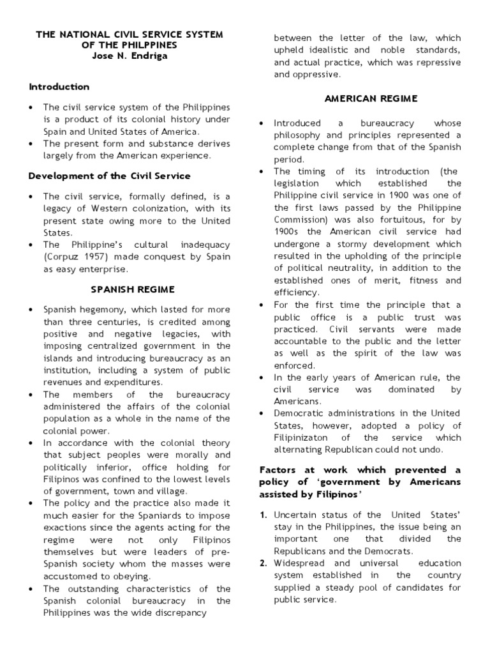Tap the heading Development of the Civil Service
coord(110,176)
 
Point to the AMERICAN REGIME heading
coord(371,98)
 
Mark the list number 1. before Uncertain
coord(264,515)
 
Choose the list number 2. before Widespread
coord(264,563)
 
